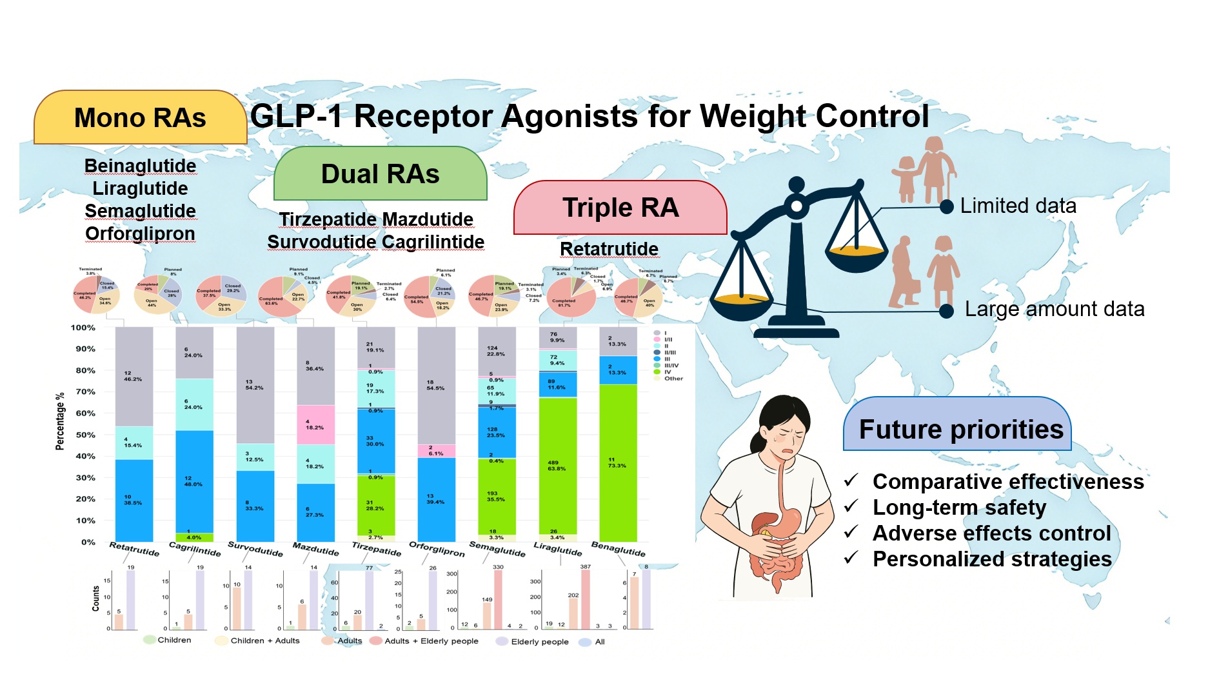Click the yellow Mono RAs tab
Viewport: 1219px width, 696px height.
pos(140,118)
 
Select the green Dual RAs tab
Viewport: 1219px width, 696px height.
pos(380,174)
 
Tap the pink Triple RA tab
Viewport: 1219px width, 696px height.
pos(620,208)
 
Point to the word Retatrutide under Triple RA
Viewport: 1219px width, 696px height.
pos(609,249)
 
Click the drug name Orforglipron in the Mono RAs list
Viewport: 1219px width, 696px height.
pos(140,234)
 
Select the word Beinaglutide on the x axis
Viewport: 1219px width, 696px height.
pos(618,550)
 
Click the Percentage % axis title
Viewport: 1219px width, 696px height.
pos(60,421)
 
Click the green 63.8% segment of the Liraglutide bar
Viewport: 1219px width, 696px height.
pos(557,466)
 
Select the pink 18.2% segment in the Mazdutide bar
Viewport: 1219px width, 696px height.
pos(315,424)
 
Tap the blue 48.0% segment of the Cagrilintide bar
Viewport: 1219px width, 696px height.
pos(194,481)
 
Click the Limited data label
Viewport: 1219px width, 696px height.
pos(1018,206)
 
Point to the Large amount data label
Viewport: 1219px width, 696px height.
pos(1055,309)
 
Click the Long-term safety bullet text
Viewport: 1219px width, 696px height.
pos(959,508)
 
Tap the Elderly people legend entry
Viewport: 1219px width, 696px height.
pos(539,642)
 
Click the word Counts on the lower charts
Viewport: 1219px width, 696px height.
pos(96,598)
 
